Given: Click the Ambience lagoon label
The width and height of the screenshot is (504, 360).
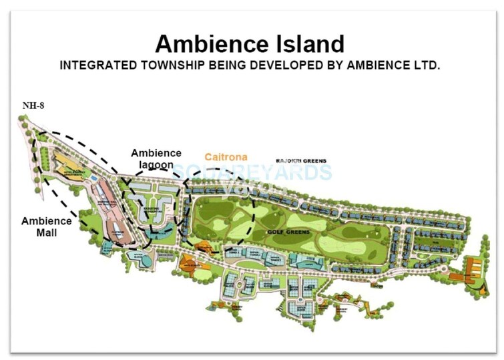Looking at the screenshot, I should tap(156, 159).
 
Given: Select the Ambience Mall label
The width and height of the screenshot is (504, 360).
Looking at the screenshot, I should tap(46, 226).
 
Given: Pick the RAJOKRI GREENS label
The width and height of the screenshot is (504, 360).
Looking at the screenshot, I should tap(302, 161).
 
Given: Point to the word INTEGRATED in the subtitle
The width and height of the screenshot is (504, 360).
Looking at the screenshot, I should tap(93, 66).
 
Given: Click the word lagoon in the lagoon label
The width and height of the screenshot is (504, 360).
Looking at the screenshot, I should tap(156, 165).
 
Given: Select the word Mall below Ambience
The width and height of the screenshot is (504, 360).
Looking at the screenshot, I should tap(47, 232).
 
